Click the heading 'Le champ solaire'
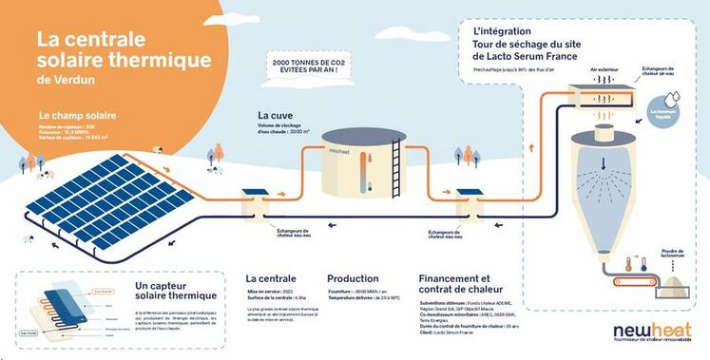pos(70,115)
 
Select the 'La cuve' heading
pos(274,115)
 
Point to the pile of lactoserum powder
pos(675,280)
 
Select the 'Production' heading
pos(353,278)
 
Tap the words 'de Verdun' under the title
pos(60,80)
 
